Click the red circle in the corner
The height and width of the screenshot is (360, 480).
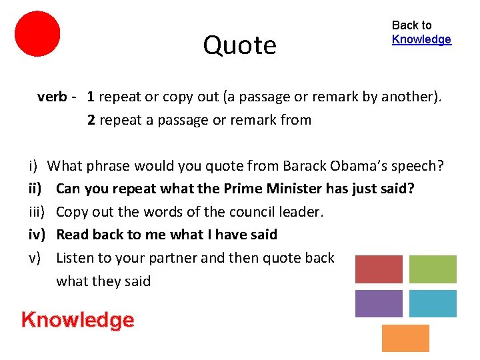37,33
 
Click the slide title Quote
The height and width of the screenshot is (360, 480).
239,45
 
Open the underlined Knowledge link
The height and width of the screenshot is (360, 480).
421,39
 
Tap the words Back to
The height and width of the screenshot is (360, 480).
411,25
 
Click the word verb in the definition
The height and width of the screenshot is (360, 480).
51,97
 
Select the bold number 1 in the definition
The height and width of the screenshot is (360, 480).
91,97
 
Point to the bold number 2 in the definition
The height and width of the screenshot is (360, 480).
91,120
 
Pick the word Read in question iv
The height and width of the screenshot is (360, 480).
72,235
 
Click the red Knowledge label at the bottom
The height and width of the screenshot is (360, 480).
77,320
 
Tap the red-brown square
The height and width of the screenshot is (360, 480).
379,269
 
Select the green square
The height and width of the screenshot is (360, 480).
432,269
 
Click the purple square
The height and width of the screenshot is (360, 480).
379,303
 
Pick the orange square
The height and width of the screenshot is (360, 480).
405,338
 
